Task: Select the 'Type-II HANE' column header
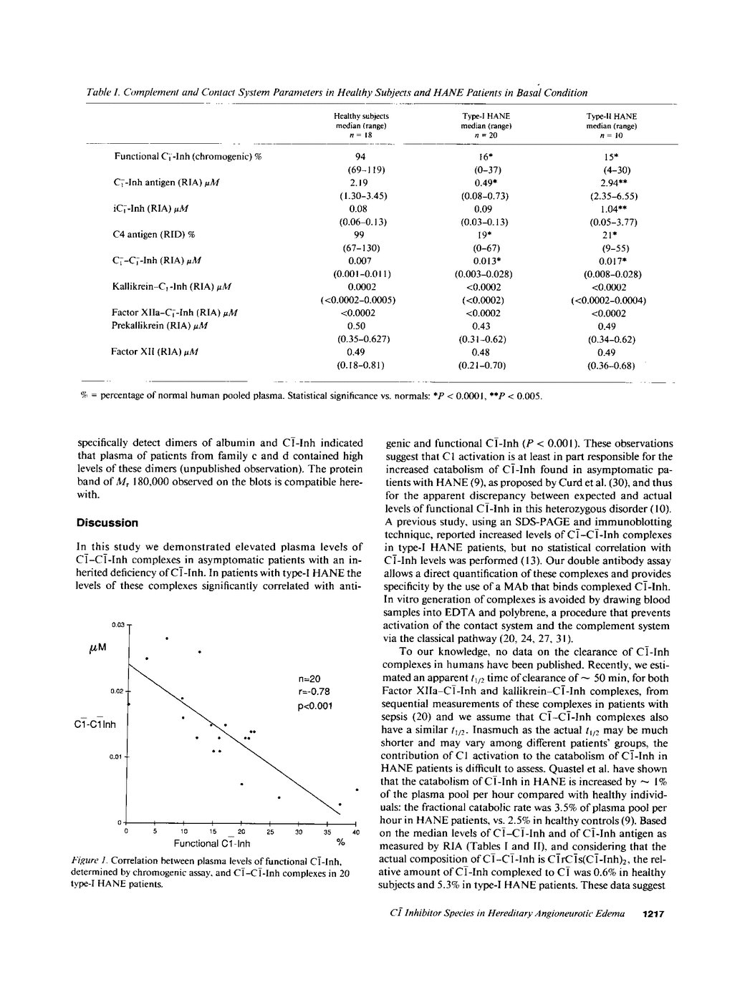[x=611, y=116]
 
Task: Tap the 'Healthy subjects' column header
[x=361, y=116]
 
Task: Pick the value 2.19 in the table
[x=361, y=183]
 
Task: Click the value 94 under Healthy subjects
[x=361, y=157]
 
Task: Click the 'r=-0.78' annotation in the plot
[x=314, y=691]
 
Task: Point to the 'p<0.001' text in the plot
[x=315, y=706]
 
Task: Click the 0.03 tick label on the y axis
[x=117, y=625]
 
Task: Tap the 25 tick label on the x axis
[x=270, y=832]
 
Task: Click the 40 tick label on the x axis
[x=356, y=832]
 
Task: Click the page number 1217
[x=655, y=914]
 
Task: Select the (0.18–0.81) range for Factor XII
[x=361, y=365]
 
